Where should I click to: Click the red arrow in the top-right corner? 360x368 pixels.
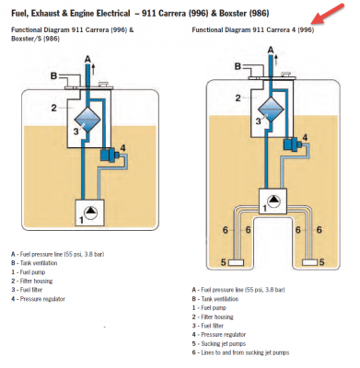pos(327,14)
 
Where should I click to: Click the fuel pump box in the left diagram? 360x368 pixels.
pos(89,213)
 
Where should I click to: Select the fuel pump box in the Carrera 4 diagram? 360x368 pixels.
pos(273,201)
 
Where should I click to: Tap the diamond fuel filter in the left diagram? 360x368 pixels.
pos(87,120)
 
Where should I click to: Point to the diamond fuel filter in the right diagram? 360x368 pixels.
pos(271,109)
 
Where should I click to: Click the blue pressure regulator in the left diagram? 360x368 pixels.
pos(109,155)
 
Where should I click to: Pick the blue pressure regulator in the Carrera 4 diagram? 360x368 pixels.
pos(291,144)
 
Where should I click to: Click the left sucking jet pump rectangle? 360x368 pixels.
pos(236,262)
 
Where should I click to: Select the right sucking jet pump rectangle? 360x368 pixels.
pos(309,262)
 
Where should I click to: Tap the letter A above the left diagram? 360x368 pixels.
pos(87,59)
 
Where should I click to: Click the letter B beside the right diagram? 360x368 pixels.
pos(238,66)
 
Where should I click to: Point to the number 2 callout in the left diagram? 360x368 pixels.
pos(53,108)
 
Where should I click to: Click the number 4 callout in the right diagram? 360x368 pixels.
pos(305,137)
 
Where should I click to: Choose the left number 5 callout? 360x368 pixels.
pos(224,262)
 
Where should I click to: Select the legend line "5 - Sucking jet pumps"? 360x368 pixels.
pos(219,343)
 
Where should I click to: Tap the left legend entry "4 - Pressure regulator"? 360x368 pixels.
pos(38,299)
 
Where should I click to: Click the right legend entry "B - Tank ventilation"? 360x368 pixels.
pos(215,299)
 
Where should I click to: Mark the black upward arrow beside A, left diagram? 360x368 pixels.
pos(94,70)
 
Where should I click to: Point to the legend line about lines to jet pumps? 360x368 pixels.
pos(240,352)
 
